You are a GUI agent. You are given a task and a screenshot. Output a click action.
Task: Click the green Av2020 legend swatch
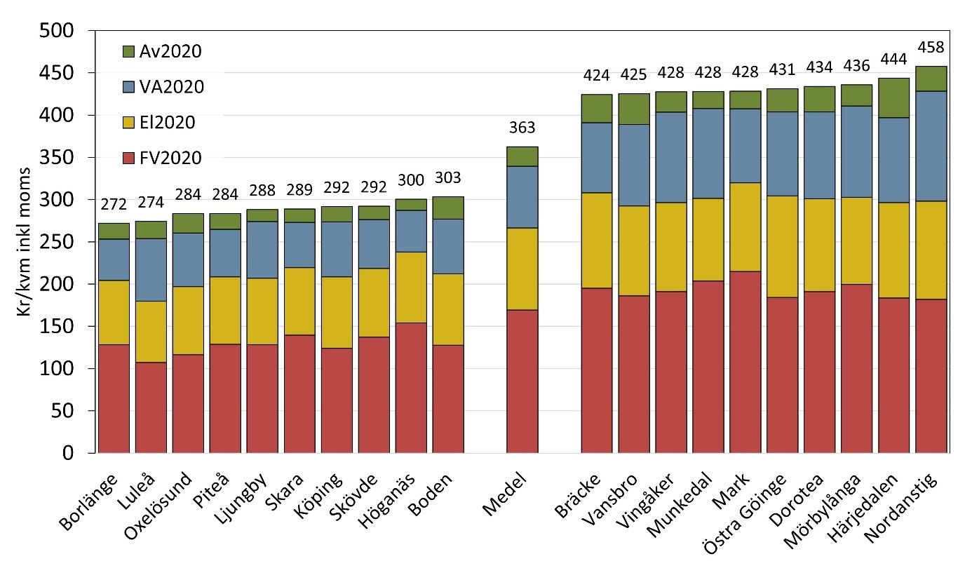point(128,51)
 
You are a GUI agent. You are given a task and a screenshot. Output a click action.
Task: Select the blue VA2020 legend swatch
point(128,87)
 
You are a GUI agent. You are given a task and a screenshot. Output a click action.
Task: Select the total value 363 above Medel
point(522,128)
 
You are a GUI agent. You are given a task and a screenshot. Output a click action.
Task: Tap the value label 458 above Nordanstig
point(931,48)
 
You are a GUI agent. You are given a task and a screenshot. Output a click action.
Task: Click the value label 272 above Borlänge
point(114,204)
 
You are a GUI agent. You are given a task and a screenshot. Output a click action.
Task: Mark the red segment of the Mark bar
point(745,362)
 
